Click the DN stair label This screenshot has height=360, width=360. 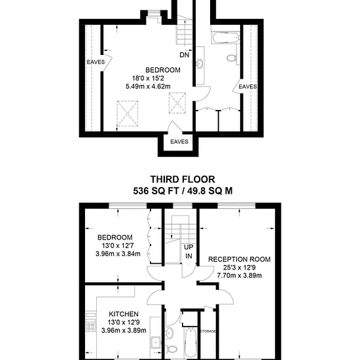(185, 55)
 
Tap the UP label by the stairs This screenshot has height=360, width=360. (189, 247)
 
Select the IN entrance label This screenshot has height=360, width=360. (189, 256)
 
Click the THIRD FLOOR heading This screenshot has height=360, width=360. (183, 179)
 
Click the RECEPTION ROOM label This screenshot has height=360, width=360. (239, 259)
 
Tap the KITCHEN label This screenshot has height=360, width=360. (124, 314)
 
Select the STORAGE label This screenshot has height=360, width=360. (208, 331)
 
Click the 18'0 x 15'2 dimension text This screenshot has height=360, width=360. (148, 79)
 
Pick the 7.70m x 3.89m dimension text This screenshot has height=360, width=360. (240, 276)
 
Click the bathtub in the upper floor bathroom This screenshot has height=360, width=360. (226, 38)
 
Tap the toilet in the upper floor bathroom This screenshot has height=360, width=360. (232, 58)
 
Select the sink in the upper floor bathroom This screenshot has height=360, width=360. (199, 63)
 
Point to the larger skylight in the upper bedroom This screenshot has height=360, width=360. (128, 114)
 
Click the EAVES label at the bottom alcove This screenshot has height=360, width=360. (179, 141)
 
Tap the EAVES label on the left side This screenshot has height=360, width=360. (96, 62)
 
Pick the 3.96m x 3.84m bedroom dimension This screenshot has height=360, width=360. (118, 254)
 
